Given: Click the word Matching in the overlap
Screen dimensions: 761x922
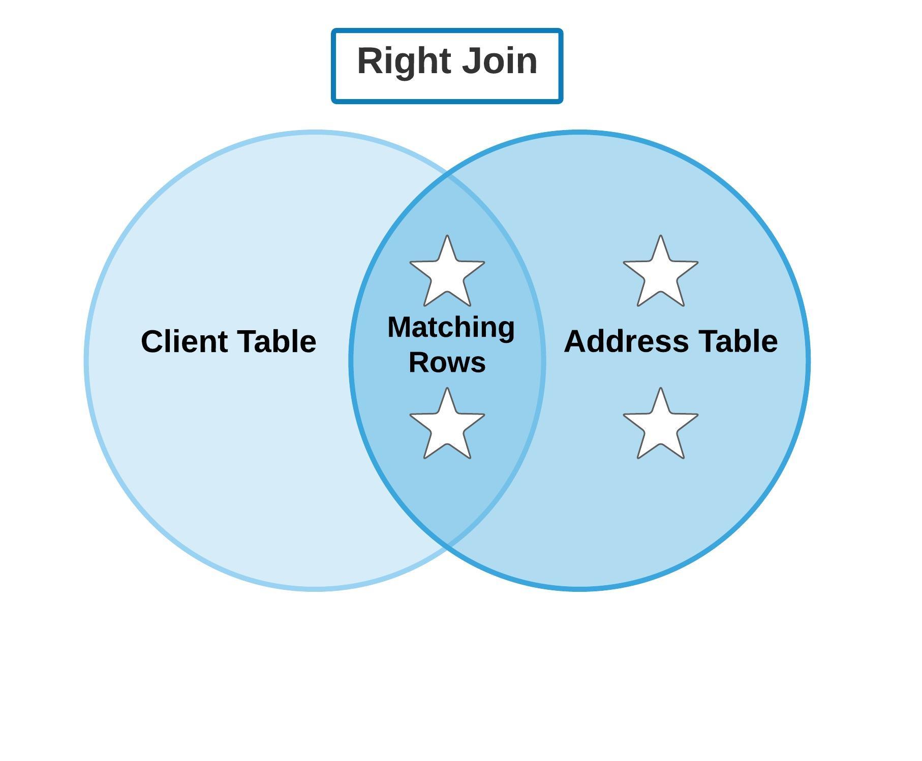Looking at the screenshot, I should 451,328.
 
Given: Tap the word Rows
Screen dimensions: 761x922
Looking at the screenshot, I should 447,362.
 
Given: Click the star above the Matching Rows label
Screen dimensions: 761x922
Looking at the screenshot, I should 447,272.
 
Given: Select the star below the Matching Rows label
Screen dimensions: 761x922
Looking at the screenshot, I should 447,425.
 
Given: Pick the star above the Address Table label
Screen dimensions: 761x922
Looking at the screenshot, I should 660,272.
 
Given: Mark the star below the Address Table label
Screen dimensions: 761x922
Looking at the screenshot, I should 660,425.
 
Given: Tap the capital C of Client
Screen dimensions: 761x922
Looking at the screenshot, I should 153,341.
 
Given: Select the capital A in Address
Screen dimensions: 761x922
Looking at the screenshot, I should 576,341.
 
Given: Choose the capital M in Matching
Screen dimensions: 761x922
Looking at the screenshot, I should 399,327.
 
